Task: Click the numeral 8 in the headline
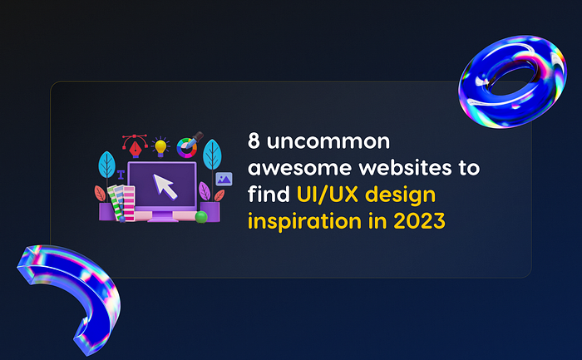254,141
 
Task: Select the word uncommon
328,141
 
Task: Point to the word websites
405,167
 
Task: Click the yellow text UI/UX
327,194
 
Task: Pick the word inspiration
304,221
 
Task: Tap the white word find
269,194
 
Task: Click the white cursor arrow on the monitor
165,186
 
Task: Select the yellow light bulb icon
160,147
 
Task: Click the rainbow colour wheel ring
187,148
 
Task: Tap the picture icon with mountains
224,179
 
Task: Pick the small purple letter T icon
121,175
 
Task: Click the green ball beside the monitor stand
201,217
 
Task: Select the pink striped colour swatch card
129,204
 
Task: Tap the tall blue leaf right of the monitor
212,155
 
